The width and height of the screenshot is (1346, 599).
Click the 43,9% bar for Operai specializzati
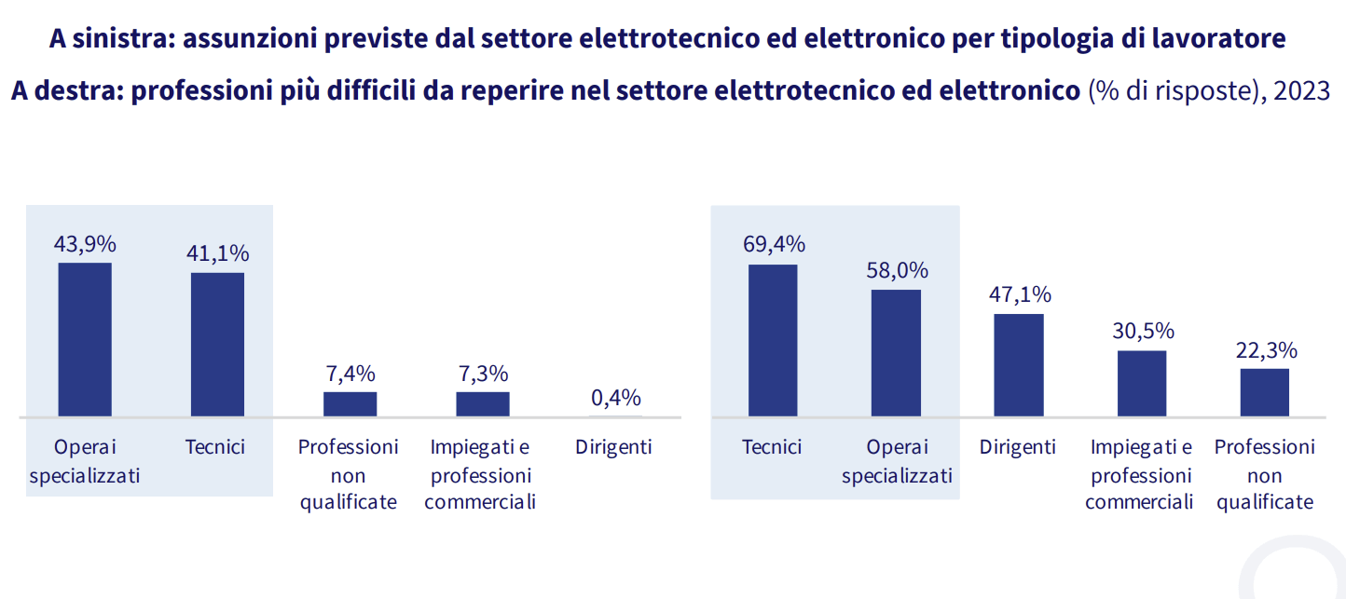(x=85, y=339)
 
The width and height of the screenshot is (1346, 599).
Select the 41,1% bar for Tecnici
(x=217, y=344)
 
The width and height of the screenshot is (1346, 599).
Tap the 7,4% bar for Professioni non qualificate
(x=350, y=403)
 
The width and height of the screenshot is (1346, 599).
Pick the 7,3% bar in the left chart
(x=482, y=403)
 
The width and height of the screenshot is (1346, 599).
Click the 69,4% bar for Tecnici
(x=773, y=340)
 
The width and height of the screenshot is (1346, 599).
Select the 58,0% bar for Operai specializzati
(x=896, y=352)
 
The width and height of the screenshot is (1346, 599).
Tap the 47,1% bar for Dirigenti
(x=1019, y=364)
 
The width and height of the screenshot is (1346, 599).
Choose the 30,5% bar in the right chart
(x=1142, y=383)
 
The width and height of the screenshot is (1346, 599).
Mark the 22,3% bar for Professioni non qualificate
(x=1264, y=392)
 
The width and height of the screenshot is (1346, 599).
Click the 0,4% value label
(x=615, y=398)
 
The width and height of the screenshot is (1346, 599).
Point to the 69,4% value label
(x=774, y=244)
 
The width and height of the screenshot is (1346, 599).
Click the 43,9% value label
(x=85, y=244)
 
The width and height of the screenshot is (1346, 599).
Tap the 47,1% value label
(x=1019, y=295)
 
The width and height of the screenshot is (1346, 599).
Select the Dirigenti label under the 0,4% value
(x=613, y=447)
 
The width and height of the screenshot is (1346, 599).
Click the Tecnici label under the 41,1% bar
(x=215, y=447)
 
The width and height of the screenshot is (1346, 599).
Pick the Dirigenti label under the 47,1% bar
(x=1018, y=447)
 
